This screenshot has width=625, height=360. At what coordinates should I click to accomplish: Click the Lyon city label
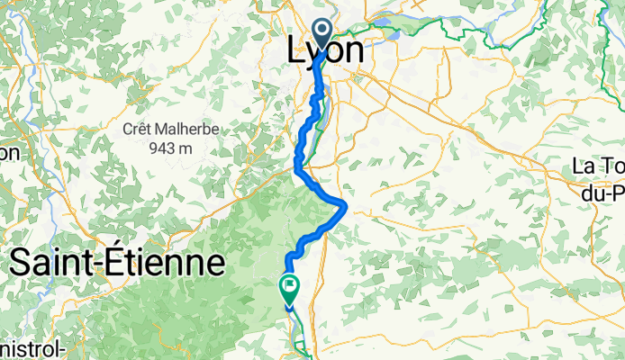[x=325, y=50]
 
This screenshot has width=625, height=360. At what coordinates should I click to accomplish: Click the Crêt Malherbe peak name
[x=171, y=130]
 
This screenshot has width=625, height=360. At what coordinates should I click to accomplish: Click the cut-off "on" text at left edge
[x=9, y=153]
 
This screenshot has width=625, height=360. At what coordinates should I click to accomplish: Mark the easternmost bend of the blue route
[x=345, y=206]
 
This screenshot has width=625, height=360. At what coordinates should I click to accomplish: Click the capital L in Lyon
[x=295, y=50]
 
